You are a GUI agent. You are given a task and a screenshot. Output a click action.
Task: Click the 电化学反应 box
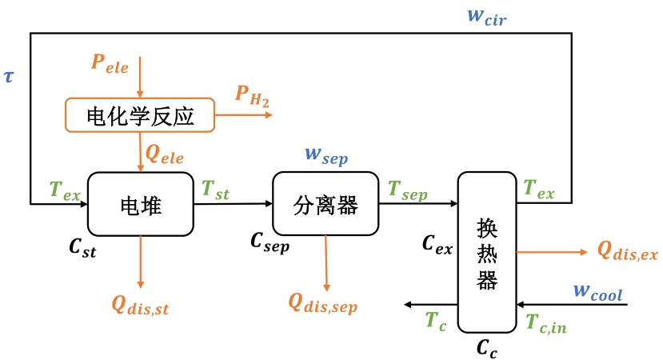pyautogui.click(x=140, y=116)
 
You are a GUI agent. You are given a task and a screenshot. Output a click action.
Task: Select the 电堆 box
pyautogui.click(x=140, y=205)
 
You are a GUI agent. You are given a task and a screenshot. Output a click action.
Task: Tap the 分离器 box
pyautogui.click(x=326, y=205)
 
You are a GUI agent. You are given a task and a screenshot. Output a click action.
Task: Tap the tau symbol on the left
pyautogui.click(x=9, y=76)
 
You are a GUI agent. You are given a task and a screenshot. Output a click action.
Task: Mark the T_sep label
pyautogui.click(x=408, y=191)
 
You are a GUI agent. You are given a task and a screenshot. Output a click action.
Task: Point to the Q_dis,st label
pyautogui.click(x=141, y=304)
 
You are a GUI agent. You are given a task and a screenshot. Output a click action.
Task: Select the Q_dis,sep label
pyautogui.click(x=323, y=303)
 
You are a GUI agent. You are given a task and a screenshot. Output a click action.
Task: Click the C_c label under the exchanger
pyautogui.click(x=486, y=347)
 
